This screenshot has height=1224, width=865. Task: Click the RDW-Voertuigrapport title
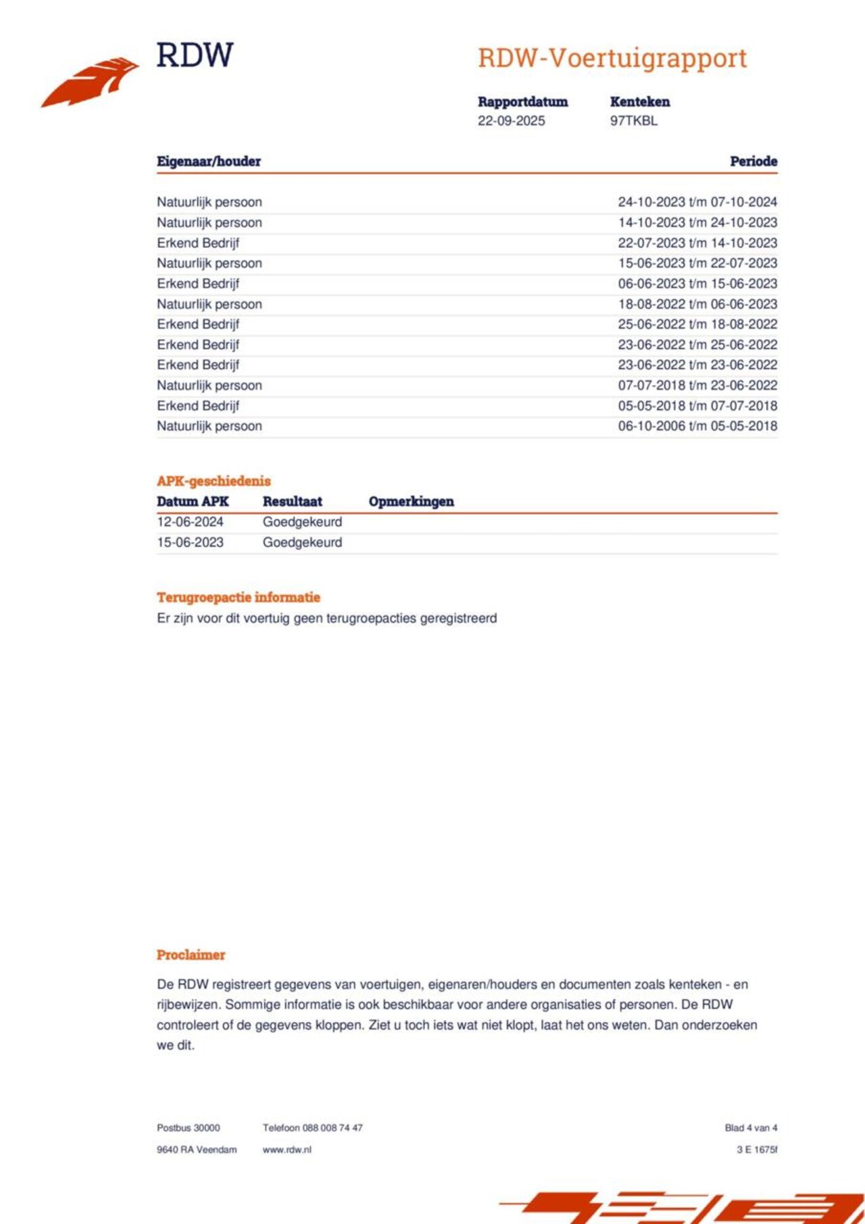click(612, 58)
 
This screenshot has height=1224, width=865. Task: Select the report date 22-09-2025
click(511, 121)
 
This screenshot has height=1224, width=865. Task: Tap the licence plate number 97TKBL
click(633, 121)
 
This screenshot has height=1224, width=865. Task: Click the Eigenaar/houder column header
click(209, 161)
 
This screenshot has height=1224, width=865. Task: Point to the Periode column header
click(753, 161)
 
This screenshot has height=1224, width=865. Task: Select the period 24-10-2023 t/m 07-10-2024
click(697, 202)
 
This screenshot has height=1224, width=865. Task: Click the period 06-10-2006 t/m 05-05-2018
click(697, 426)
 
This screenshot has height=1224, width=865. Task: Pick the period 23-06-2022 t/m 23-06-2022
click(697, 365)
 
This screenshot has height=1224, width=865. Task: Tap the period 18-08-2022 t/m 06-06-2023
click(697, 304)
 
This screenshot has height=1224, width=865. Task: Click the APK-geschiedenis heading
click(214, 481)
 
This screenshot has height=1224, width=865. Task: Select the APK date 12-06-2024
click(190, 522)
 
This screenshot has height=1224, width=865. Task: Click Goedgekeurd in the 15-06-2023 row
click(302, 542)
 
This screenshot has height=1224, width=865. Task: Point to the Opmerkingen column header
click(411, 501)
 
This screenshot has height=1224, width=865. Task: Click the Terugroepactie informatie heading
click(239, 597)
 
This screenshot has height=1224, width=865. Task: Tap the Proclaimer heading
click(191, 955)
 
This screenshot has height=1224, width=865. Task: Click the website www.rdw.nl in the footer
click(287, 1150)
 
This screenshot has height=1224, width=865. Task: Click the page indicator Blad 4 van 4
click(751, 1128)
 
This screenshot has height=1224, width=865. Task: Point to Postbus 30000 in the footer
click(189, 1128)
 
